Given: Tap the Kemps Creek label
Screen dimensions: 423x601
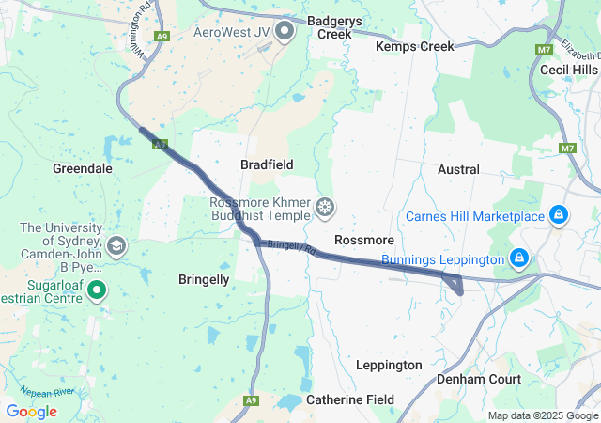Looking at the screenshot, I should (414, 46).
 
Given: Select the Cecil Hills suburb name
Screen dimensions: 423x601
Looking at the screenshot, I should (568, 70).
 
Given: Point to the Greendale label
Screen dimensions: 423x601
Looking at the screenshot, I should (83, 169).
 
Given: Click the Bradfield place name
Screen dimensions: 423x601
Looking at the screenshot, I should (267, 164).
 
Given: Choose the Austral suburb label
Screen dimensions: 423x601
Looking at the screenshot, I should (458, 170).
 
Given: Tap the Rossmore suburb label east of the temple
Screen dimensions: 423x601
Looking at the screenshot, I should (363, 241).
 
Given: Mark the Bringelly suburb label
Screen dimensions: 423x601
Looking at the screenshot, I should (204, 279).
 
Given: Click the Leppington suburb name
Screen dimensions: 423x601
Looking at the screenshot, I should (389, 365).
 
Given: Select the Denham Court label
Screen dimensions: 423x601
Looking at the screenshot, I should (479, 379).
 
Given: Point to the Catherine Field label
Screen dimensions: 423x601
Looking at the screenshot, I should (350, 399).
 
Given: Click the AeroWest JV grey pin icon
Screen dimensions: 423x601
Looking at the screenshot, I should (285, 32).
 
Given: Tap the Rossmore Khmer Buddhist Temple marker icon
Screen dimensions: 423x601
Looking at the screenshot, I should (325, 207).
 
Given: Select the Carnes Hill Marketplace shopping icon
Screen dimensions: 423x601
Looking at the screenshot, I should (559, 216).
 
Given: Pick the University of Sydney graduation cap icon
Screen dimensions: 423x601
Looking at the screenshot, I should (116, 247).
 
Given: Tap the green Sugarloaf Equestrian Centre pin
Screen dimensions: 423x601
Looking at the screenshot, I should (97, 292).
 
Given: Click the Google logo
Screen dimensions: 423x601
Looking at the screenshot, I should (31, 412).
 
